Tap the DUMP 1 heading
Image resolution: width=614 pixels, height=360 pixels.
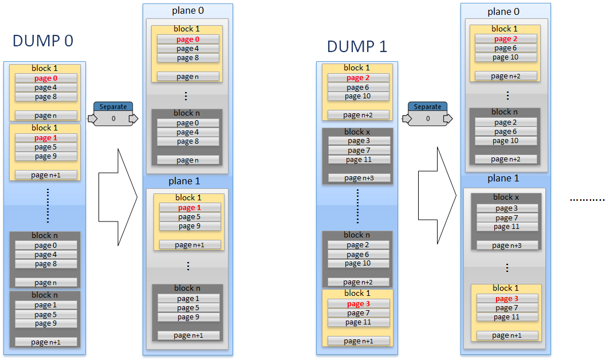(x=357, y=46)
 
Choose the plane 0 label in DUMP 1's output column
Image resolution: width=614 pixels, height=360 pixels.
(x=503, y=12)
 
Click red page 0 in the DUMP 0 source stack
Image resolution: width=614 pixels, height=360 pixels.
(x=46, y=78)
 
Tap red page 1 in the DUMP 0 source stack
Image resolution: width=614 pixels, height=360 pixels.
(x=46, y=138)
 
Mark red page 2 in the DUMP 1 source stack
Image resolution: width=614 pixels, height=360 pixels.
(x=358, y=78)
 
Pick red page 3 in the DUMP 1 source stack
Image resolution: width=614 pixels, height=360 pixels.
(x=359, y=304)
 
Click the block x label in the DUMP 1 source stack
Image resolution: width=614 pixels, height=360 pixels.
(x=357, y=132)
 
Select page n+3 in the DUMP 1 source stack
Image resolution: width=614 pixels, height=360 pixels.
(x=359, y=178)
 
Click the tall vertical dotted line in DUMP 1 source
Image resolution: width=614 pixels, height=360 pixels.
(x=357, y=206)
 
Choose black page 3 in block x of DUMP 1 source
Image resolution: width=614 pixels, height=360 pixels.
(x=359, y=141)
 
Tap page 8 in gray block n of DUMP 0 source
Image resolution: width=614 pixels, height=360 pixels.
(x=46, y=264)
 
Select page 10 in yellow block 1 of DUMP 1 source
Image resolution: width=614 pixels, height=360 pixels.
(x=358, y=96)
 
